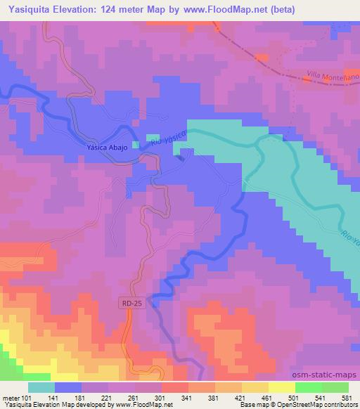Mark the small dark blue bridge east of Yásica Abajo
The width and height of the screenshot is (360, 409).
[x=182, y=157]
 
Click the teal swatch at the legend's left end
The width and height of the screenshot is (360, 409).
[x=41, y=387]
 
